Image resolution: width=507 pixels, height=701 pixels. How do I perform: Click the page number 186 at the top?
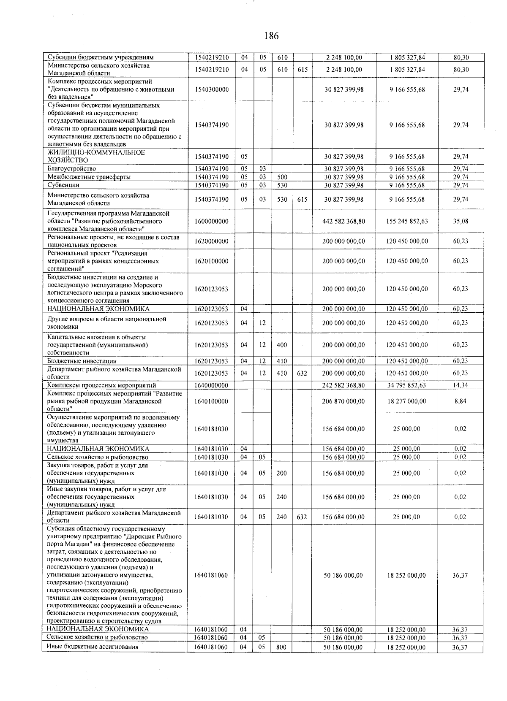271,36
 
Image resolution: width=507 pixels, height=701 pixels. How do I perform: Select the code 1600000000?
211,221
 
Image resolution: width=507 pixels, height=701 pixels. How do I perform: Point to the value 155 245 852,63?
407,221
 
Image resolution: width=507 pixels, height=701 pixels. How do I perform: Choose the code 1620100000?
211,261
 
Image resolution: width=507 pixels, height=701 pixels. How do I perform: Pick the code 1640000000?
211,385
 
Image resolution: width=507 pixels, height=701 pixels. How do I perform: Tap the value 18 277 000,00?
407,401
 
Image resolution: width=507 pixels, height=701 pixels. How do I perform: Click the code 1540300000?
211,89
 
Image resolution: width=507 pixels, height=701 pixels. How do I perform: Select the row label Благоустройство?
72,169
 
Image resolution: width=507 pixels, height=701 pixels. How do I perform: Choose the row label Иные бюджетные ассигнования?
93,647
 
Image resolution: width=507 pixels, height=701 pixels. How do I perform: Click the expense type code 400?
281,345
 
